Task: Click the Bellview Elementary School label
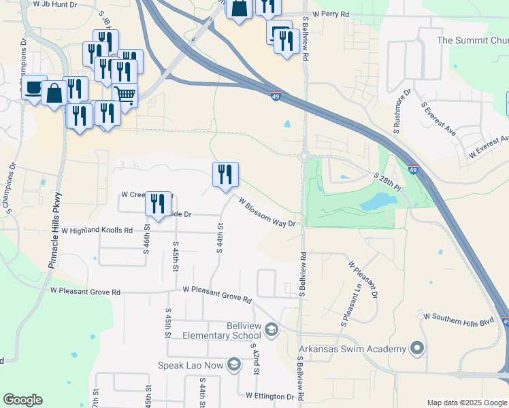click(221, 330)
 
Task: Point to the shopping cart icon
click(125, 95)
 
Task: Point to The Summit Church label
click(472, 41)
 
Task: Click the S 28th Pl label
click(389, 180)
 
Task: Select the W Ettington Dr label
click(270, 395)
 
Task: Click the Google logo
click(22, 400)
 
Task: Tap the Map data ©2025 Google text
click(467, 403)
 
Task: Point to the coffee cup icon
click(33, 87)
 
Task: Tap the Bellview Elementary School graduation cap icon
click(272, 330)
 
